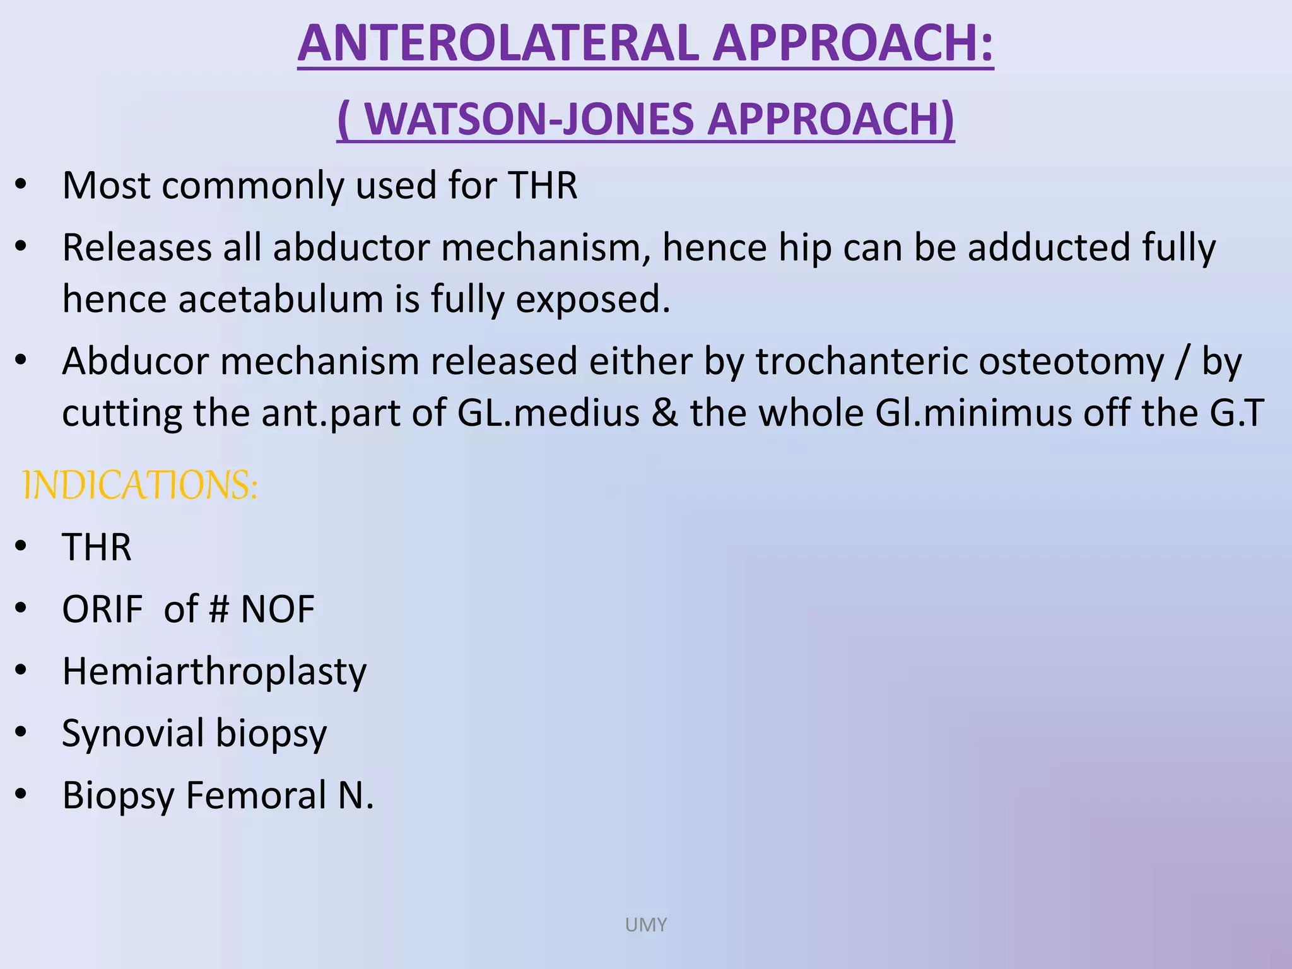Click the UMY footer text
645,925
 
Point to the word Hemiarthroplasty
214,671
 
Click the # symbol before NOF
218,609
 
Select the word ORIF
103,609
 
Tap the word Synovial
133,733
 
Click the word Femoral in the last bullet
256,795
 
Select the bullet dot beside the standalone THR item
21,546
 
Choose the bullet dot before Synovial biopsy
21,732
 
